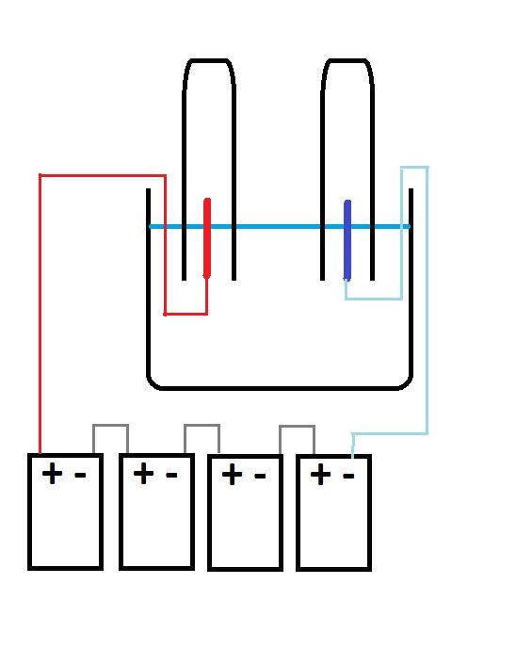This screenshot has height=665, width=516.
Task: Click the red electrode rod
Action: pyautogui.click(x=207, y=238)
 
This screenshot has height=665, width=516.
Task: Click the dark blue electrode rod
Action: pyautogui.click(x=347, y=240)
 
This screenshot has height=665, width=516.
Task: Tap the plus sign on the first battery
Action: pyautogui.click(x=52, y=473)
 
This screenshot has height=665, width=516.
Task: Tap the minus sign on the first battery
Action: pyautogui.click(x=80, y=475)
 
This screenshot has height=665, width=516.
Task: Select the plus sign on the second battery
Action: pyautogui.click(x=143, y=473)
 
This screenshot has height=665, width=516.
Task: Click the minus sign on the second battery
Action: pyautogui.click(x=171, y=475)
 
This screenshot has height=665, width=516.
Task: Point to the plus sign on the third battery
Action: pyautogui.click(x=232, y=475)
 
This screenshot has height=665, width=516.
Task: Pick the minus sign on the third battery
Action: pyautogui.click(x=260, y=476)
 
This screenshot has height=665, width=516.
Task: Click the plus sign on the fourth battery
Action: pyautogui.click(x=320, y=474)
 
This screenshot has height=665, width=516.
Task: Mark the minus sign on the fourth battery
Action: pyautogui.click(x=348, y=476)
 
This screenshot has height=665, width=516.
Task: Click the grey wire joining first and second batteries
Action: pyautogui.click(x=110, y=425)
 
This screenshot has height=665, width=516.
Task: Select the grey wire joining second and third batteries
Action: pyautogui.click(x=202, y=425)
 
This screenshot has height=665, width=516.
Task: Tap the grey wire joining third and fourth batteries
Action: pyautogui.click(x=297, y=426)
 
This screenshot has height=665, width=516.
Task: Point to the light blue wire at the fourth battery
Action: pyautogui.click(x=427, y=297)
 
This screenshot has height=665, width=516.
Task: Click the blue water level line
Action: pyautogui.click(x=280, y=227)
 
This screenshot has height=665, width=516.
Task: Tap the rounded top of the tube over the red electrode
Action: pyautogui.click(x=209, y=60)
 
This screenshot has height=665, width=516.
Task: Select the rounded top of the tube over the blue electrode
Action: pyautogui.click(x=347, y=60)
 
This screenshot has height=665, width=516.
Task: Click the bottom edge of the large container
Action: pyautogui.click(x=280, y=388)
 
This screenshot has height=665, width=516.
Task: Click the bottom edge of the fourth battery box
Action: pyautogui.click(x=333, y=569)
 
